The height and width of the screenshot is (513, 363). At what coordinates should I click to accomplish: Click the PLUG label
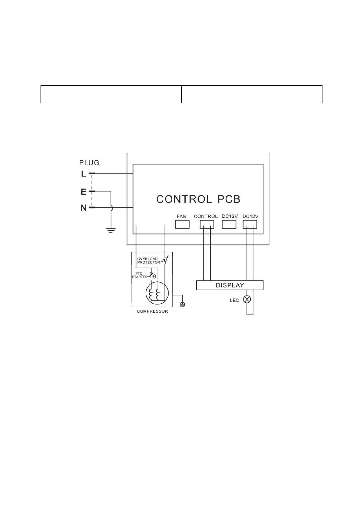coord(89,162)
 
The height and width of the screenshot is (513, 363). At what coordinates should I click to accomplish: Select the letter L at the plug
coord(83,174)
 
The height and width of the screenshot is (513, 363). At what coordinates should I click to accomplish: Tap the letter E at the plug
coord(84,192)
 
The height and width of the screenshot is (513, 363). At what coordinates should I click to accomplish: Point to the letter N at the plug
coord(84,208)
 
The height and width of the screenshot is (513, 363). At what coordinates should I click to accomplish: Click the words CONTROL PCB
coord(198,199)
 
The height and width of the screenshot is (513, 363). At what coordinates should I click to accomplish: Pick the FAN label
coord(182,216)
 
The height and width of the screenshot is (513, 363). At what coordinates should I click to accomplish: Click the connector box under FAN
coord(182,224)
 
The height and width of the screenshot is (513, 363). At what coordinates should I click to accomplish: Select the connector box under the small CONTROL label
coord(207,224)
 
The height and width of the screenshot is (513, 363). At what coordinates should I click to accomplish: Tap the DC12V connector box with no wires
coord(229,224)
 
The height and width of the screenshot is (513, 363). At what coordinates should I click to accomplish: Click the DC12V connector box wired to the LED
coord(250,224)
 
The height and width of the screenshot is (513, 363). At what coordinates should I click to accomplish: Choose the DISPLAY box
coord(230,285)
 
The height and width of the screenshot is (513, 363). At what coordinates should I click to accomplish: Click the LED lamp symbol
coord(247,299)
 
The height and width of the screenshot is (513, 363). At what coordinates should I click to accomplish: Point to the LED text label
coord(235,301)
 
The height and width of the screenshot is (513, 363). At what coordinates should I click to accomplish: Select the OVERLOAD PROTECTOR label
coord(148,261)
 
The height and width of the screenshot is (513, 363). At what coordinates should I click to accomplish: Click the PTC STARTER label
coord(140,275)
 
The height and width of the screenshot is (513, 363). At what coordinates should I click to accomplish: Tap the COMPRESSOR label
coord(152,311)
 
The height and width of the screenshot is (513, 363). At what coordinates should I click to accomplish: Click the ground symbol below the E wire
coord(111,230)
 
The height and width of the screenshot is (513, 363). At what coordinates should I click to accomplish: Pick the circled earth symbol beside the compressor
coord(183,304)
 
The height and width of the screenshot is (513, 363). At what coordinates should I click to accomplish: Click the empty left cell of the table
coord(111,94)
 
